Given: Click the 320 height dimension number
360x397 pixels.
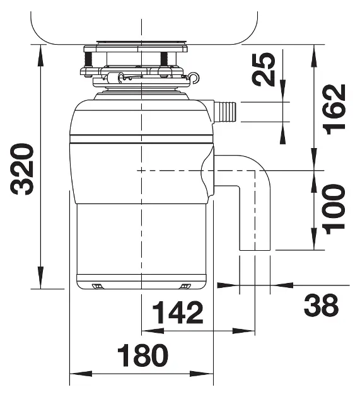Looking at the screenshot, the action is [22, 170].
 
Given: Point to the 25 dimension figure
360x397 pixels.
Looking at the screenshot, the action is [264, 69].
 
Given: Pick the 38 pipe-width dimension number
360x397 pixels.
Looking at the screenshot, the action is [322, 306].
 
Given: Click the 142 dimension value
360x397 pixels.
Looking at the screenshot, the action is [178, 313].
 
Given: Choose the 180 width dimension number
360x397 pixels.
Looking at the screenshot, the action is [142, 355].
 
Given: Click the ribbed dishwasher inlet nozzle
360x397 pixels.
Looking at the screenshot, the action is [226, 112].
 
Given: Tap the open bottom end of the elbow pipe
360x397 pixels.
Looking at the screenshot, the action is [255, 250].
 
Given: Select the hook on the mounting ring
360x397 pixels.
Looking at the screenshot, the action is [194, 78].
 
